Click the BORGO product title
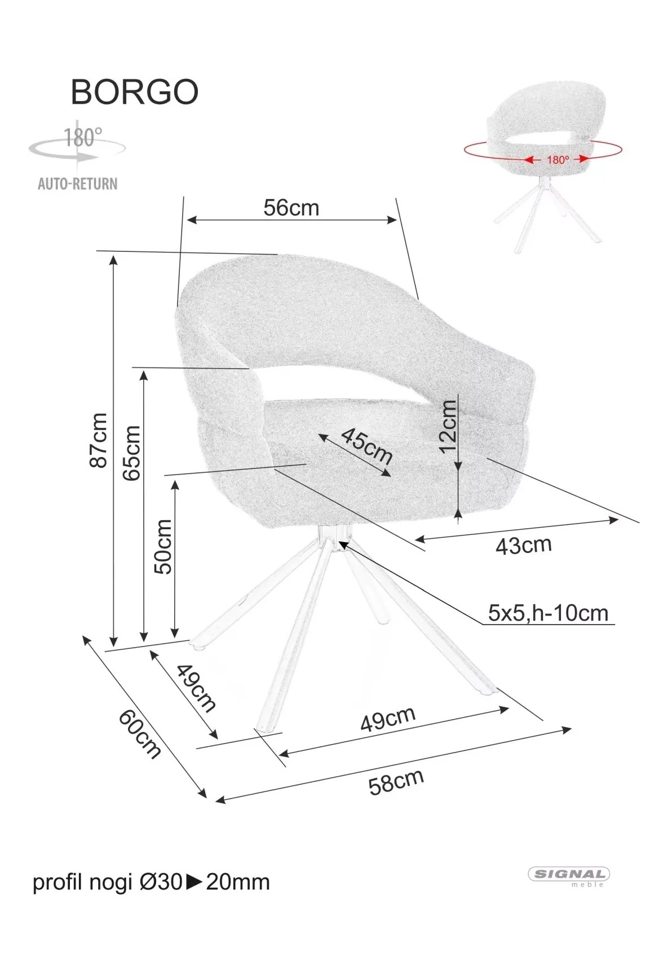pyautogui.click(x=135, y=92)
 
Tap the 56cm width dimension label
pyautogui.click(x=291, y=207)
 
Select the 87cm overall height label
pyautogui.click(x=98, y=440)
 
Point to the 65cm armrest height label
pyautogui.click(x=131, y=453)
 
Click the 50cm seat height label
pyautogui.click(x=163, y=546)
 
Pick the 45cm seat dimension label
pyautogui.click(x=367, y=445)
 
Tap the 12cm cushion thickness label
pyautogui.click(x=448, y=426)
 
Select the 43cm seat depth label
pyautogui.click(x=524, y=545)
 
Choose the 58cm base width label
pyautogui.click(x=396, y=782)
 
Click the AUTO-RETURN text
pyautogui.click(x=78, y=184)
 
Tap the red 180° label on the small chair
pyautogui.click(x=558, y=160)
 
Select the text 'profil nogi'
pyautogui.click(x=82, y=883)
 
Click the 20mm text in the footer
pyautogui.click(x=238, y=882)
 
